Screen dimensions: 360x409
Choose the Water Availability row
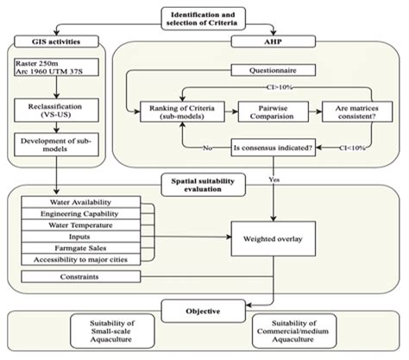(x=81, y=202)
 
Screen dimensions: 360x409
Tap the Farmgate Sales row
(x=81, y=247)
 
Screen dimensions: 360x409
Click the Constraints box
(x=81, y=276)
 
